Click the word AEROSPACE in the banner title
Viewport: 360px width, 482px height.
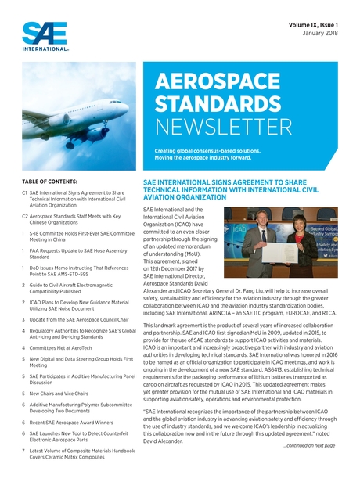tap(211, 83)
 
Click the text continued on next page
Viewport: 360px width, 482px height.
tap(308, 444)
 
